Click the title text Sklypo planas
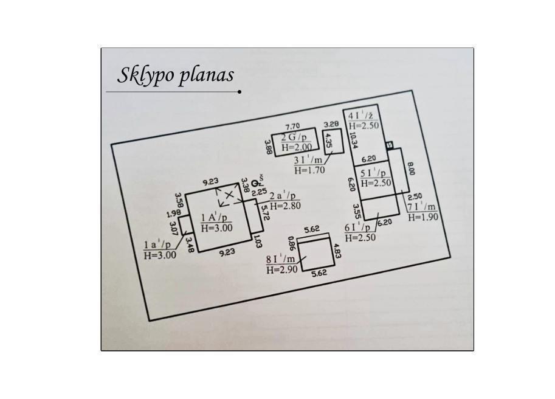tap(176, 75)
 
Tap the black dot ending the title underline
tap(240, 92)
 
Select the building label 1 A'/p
tap(214, 217)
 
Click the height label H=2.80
tap(285, 206)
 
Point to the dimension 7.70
tap(293, 127)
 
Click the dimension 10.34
tap(353, 141)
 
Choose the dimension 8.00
tap(410, 168)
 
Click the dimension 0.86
tap(292, 243)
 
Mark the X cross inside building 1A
tap(229, 195)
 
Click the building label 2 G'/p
tap(294, 137)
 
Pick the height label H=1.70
tap(309, 170)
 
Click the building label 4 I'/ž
tap(360, 116)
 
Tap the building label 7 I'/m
tap(421, 207)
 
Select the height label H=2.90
tap(281, 270)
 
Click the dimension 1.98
tap(174, 213)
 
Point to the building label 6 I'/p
tap(357, 227)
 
